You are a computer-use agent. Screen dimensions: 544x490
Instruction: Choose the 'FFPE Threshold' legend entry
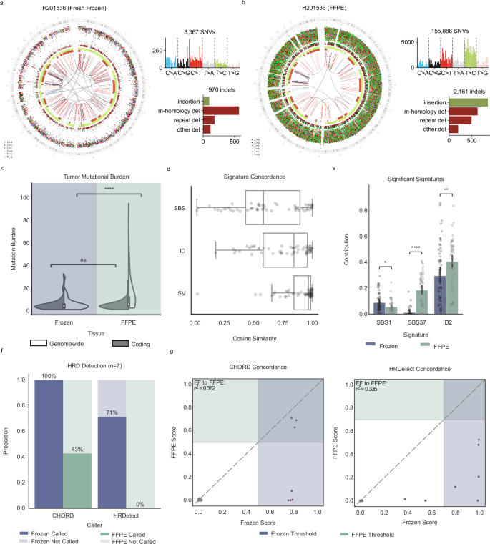click(x=365, y=532)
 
